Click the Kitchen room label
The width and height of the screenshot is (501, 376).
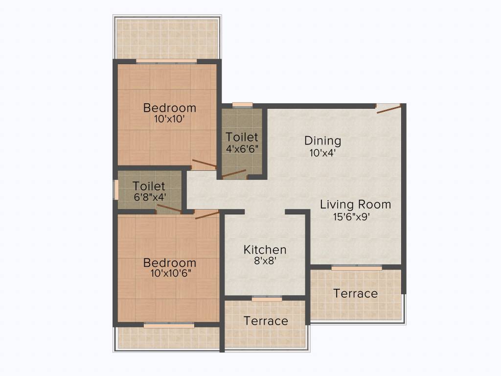[265, 250]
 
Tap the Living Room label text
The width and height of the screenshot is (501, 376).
[355, 204]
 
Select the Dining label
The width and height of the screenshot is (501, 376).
[322, 141]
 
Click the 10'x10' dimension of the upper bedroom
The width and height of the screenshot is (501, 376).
[169, 118]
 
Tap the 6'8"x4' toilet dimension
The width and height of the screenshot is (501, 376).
[149, 197]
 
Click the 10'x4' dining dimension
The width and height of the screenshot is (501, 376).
[322, 153]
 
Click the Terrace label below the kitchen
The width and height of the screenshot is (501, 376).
[266, 321]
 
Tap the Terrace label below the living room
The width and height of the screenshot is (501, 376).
[355, 294]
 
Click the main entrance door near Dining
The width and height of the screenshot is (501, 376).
[389, 109]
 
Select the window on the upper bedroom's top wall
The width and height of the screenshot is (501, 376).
[166, 61]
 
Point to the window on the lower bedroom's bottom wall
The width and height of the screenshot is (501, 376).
[169, 325]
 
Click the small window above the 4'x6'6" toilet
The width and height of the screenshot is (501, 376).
[242, 105]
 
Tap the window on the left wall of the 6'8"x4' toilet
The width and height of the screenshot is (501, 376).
[116, 190]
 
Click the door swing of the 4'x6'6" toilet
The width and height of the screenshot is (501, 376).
[234, 173]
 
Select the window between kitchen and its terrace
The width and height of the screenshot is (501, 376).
[267, 299]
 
